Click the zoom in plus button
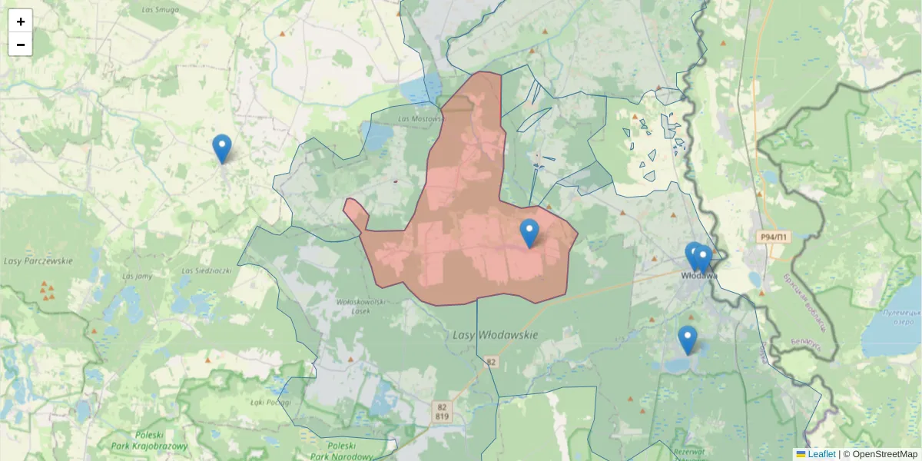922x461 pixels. click(x=21, y=22)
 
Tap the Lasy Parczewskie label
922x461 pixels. click(x=38, y=260)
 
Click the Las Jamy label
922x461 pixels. click(x=138, y=276)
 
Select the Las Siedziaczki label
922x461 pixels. click(x=207, y=270)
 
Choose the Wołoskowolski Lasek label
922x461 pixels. click(x=354, y=307)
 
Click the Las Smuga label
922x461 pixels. click(x=161, y=9)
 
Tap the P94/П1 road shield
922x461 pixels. click(x=772, y=237)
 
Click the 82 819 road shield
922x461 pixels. click(x=441, y=411)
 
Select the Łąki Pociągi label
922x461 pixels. click(x=270, y=402)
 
